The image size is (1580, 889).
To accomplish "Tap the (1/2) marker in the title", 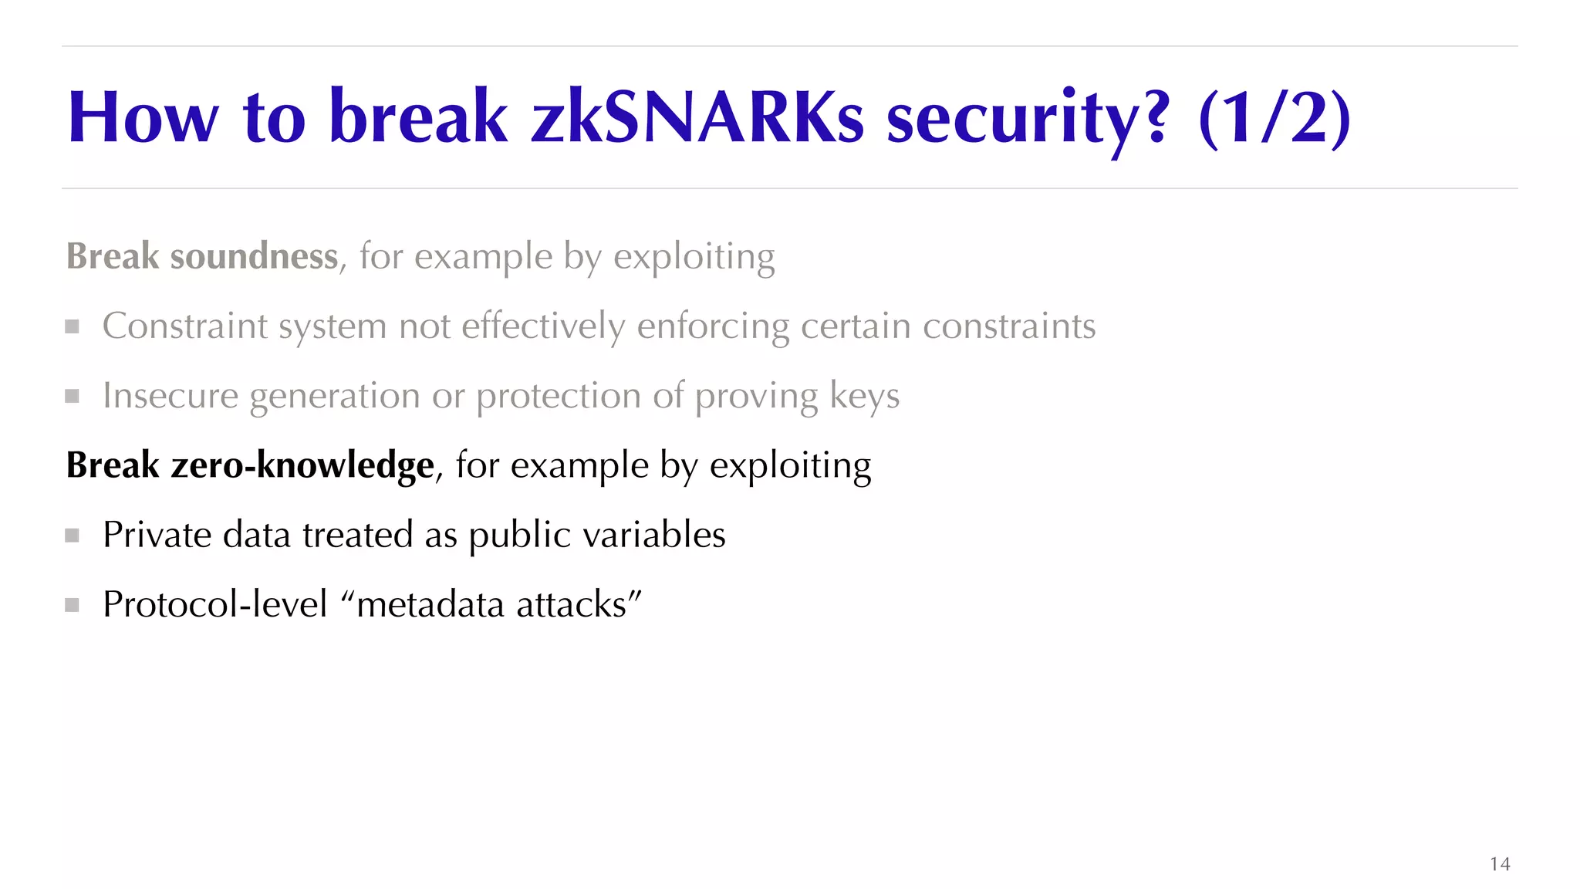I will pyautogui.click(x=1274, y=118).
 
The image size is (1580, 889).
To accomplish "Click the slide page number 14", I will pyautogui.click(x=1500, y=864).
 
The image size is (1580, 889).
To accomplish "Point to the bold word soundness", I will pyautogui.click(x=254, y=256).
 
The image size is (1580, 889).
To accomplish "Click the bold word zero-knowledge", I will pyautogui.click(x=302, y=465).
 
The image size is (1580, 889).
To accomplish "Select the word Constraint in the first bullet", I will pyautogui.click(x=184, y=326).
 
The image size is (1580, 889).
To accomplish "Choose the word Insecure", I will pyautogui.click(x=170, y=396).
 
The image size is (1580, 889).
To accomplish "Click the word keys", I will pyautogui.click(x=864, y=396).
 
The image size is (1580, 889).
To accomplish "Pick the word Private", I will pyautogui.click(x=157, y=535).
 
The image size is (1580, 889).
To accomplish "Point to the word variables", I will pyautogui.click(x=654, y=535).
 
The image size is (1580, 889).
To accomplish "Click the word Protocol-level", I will pyautogui.click(x=215, y=604).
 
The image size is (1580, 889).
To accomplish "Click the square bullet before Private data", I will pyautogui.click(x=73, y=536).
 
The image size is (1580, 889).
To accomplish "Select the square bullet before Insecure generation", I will pyautogui.click(x=73, y=397).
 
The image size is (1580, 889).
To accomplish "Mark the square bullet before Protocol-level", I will pyautogui.click(x=73, y=605).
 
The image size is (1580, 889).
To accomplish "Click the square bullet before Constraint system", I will pyautogui.click(x=73, y=326).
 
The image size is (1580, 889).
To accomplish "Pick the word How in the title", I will pyautogui.click(x=143, y=118).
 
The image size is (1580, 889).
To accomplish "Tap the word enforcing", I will pyautogui.click(x=713, y=326).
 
